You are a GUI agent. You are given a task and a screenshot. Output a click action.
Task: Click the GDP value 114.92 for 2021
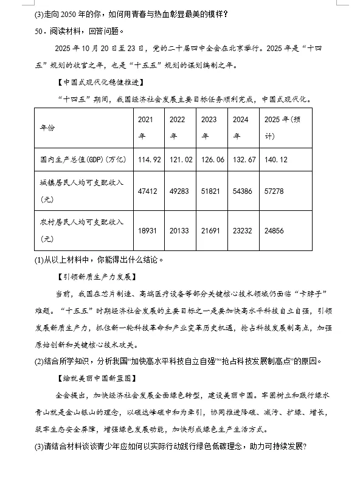[x=150, y=159]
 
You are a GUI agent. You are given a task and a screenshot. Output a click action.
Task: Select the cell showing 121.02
[x=181, y=159]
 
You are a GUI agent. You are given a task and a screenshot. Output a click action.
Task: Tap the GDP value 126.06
[x=212, y=159]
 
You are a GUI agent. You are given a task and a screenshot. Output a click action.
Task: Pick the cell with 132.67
[x=244, y=159]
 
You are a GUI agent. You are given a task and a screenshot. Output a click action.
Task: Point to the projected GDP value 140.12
[x=277, y=159]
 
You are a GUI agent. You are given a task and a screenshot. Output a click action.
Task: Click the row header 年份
[x=47, y=128]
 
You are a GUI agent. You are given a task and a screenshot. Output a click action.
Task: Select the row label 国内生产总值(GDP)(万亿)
[x=83, y=159]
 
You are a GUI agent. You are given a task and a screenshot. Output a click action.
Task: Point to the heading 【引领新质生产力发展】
[x=94, y=277]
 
